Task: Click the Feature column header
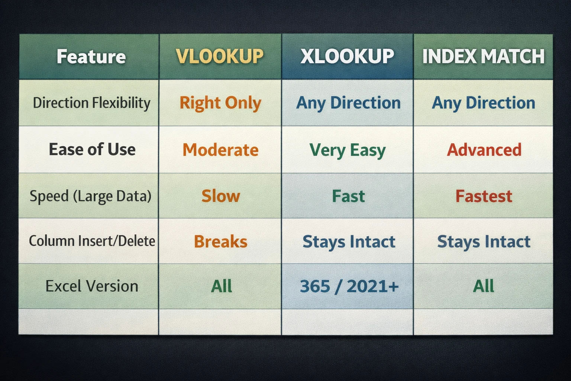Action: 91,57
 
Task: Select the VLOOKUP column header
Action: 220,57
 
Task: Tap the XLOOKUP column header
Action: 347,57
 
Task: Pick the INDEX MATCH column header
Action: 483,57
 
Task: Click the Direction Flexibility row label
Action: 91,103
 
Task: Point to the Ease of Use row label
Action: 92,150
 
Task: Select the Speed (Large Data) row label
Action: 90,196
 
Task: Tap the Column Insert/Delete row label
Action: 92,241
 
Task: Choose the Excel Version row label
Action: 92,286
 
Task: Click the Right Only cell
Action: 220,103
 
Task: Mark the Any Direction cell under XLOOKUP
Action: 348,103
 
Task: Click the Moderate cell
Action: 220,150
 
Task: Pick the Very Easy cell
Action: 348,150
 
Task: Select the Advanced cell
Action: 484,150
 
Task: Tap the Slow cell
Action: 221,196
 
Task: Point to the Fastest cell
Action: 484,196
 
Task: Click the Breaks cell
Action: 220,241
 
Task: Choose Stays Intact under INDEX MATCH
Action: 484,241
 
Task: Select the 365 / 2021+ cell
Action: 349,286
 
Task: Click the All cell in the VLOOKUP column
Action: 222,286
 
